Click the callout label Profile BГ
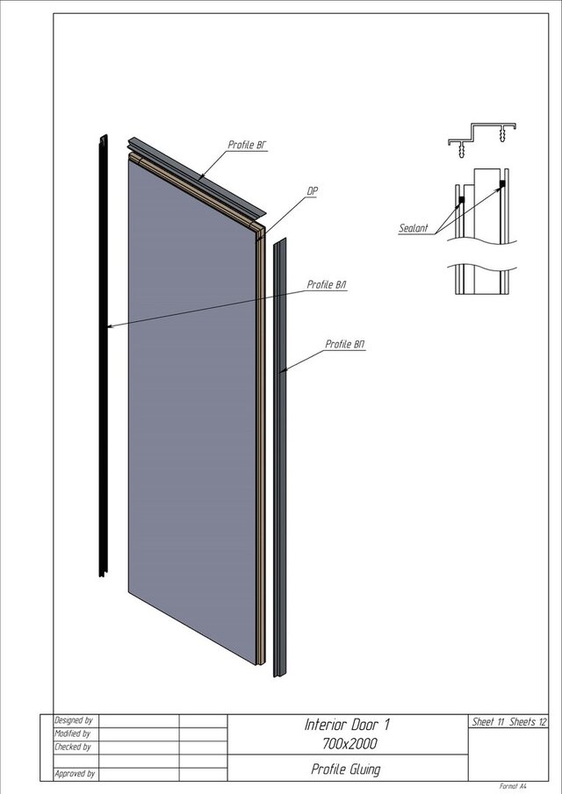pyautogui.click(x=247, y=145)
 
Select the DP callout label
pyautogui.click(x=312, y=190)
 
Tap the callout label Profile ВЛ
pyautogui.click(x=326, y=285)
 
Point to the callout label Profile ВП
pyautogui.click(x=344, y=344)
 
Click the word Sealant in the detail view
pyautogui.click(x=414, y=228)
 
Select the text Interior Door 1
pyautogui.click(x=347, y=725)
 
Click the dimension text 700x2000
pyautogui.click(x=347, y=744)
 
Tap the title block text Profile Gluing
pyautogui.click(x=346, y=769)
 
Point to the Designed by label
pyautogui.click(x=74, y=720)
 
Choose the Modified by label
pyautogui.click(x=73, y=733)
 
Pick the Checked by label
pyautogui.click(x=73, y=747)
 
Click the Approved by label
pyautogui.click(x=75, y=774)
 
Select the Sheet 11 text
pyautogui.click(x=488, y=721)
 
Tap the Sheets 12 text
pyautogui.click(x=529, y=721)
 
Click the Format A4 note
pyautogui.click(x=513, y=787)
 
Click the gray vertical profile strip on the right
pyautogui.click(x=280, y=456)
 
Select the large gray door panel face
pyautogui.click(x=193, y=395)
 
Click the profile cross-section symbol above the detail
pyautogui.click(x=481, y=139)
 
